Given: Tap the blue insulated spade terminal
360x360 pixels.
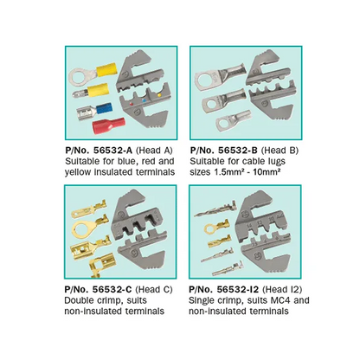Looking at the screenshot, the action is coord(95,111).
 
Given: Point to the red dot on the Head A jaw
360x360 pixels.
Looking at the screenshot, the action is coord(132,104).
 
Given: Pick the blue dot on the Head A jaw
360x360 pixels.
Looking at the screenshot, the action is coord(144,100).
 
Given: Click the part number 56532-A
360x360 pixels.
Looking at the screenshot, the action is coord(113,151).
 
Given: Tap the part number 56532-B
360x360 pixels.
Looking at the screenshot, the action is coord(238,151).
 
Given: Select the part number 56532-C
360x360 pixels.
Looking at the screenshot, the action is coord(112,289).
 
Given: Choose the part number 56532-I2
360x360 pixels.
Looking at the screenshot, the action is coord(238,289).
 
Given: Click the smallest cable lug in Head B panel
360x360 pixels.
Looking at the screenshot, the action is coord(233,120).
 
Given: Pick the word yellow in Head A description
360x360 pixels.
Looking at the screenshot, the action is coord(76,172).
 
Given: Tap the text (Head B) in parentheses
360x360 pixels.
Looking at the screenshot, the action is coord(280,151).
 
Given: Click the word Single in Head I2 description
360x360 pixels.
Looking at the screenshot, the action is coord(201,300).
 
